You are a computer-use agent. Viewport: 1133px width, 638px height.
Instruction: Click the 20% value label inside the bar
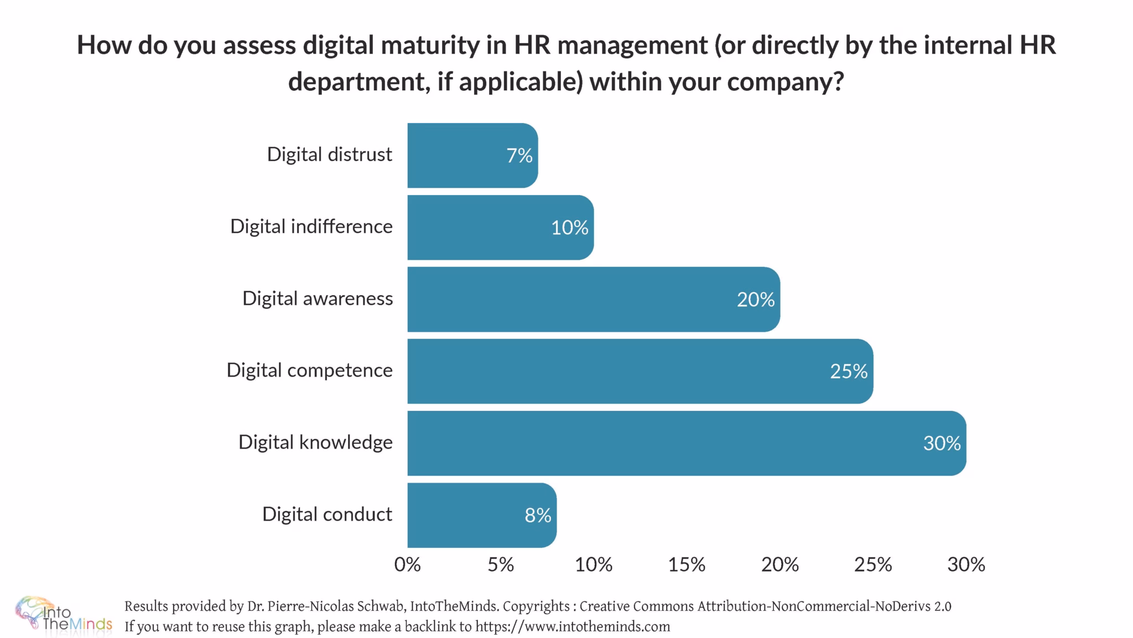[x=755, y=300]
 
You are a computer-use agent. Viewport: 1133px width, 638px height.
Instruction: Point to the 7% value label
[x=519, y=156]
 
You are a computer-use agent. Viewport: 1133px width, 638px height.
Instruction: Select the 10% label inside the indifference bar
[x=569, y=228]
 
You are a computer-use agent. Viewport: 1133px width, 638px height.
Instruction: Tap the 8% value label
[x=538, y=516]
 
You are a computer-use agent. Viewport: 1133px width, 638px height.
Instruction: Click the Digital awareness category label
[x=318, y=299]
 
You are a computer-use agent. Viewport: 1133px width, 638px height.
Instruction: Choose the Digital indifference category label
[x=311, y=227]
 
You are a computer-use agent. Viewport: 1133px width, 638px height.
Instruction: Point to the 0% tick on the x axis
[x=408, y=564]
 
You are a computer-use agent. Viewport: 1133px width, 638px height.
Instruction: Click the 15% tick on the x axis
[x=687, y=564]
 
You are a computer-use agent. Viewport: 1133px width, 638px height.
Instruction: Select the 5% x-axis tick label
[x=501, y=564]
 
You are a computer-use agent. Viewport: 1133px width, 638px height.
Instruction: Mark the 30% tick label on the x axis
[x=966, y=564]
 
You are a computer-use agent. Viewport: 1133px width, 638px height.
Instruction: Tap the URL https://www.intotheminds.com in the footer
[x=573, y=627]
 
